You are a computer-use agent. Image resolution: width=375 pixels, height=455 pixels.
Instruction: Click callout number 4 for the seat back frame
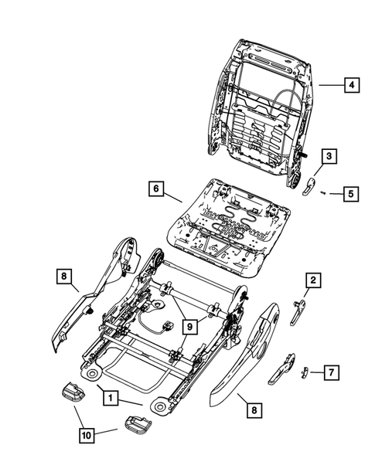click(351, 87)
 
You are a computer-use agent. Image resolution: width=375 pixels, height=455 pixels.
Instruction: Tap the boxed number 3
click(328, 157)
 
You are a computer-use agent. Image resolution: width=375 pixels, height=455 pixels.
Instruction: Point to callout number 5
click(351, 194)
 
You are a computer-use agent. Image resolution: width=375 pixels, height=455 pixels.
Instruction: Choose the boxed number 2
click(313, 280)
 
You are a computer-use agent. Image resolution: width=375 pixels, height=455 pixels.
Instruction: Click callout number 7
click(330, 373)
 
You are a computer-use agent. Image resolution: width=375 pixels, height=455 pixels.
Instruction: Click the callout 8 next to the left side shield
click(64, 274)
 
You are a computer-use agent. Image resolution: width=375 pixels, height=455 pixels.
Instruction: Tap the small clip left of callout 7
click(304, 371)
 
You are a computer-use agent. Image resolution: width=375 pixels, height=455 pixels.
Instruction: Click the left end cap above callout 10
click(71, 392)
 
